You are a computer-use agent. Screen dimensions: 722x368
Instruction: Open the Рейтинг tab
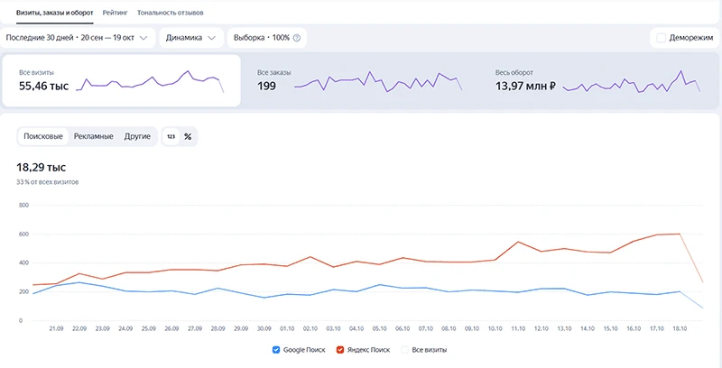[116, 13]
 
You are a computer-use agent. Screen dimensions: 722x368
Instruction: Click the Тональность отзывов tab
[171, 13]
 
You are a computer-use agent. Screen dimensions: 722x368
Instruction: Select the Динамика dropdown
[191, 38]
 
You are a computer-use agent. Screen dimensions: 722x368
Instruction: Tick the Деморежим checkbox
[662, 38]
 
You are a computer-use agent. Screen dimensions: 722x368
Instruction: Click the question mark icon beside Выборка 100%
[297, 38]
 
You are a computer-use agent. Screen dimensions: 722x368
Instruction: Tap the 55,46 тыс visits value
[43, 86]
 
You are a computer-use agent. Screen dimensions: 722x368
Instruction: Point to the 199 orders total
[266, 86]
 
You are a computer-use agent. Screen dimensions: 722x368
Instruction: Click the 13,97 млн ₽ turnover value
[526, 86]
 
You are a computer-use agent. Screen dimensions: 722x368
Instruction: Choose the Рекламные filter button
[94, 136]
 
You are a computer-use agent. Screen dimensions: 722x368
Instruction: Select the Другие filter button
[137, 136]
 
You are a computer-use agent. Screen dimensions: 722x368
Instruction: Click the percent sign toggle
[188, 136]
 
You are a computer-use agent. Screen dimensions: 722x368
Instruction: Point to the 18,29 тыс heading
[42, 168]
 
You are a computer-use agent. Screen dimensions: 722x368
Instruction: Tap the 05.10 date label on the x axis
[379, 328]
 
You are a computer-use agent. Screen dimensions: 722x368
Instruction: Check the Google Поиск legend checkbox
[276, 350]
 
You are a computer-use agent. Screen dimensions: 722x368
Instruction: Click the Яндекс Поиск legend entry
[363, 350]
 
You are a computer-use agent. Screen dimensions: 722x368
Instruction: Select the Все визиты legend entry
[423, 350]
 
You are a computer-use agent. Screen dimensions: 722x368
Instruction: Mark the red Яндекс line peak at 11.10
[518, 242]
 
